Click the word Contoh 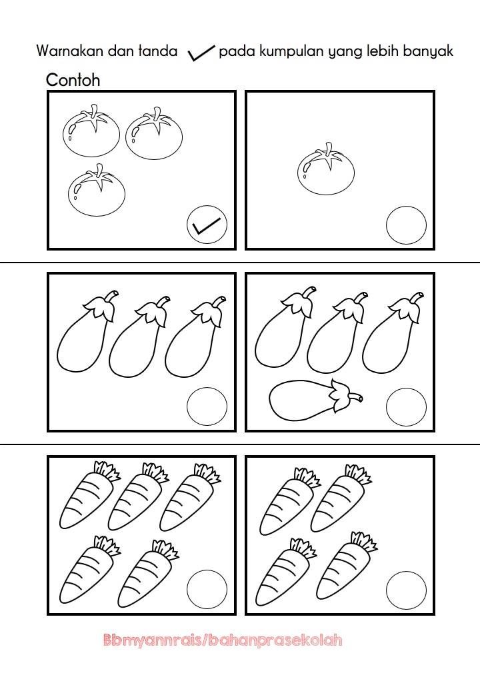coord(73,80)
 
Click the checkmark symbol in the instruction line coord(201,53)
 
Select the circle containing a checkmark coord(207,225)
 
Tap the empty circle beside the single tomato coord(406,225)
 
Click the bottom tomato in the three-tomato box coord(97,190)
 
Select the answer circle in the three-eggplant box coord(207,406)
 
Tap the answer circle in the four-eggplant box coord(406,407)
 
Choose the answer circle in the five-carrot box coord(207,590)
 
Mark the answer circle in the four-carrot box coord(406,590)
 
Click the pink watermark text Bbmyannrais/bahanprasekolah coord(223,640)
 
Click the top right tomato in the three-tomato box coord(154,133)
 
